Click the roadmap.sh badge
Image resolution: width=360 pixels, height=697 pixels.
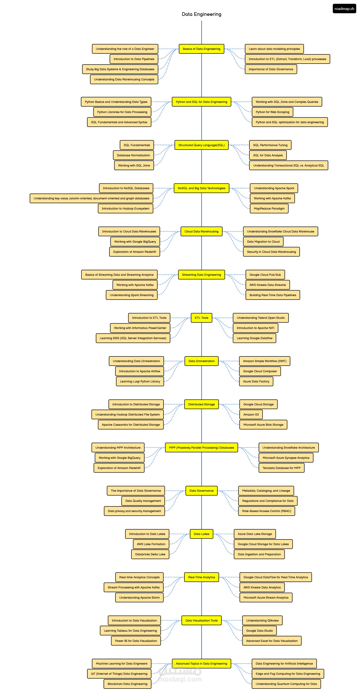tap(344, 9)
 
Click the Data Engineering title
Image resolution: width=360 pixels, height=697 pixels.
tap(201, 14)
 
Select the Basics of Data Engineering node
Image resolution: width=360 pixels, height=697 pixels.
tap(201, 49)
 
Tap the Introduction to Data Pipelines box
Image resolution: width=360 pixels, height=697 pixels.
tap(134, 59)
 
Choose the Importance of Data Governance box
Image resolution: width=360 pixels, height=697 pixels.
tap(271, 69)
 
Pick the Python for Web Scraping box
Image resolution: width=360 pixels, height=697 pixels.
tap(272, 112)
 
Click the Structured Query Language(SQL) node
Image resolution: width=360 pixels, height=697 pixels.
tap(201, 145)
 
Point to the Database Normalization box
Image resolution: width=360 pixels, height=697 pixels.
tap(133, 155)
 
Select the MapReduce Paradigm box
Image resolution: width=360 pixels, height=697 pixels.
tap(269, 209)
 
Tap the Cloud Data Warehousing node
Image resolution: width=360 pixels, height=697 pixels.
tap(201, 231)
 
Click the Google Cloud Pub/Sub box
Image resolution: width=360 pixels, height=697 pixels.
tap(265, 275)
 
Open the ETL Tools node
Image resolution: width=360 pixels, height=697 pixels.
tap(201, 318)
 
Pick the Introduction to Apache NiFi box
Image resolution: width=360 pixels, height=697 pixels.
tap(256, 328)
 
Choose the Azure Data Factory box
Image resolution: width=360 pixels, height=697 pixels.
tap(256, 381)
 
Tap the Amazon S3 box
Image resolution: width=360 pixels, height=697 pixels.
tap(251, 415)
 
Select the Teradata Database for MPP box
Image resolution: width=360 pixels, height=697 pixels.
tap(281, 468)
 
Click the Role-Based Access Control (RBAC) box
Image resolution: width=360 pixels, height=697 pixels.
tap(267, 511)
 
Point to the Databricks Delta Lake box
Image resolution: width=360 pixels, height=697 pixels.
tap(150, 554)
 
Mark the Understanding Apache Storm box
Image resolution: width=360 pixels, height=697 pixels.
tap(139, 597)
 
